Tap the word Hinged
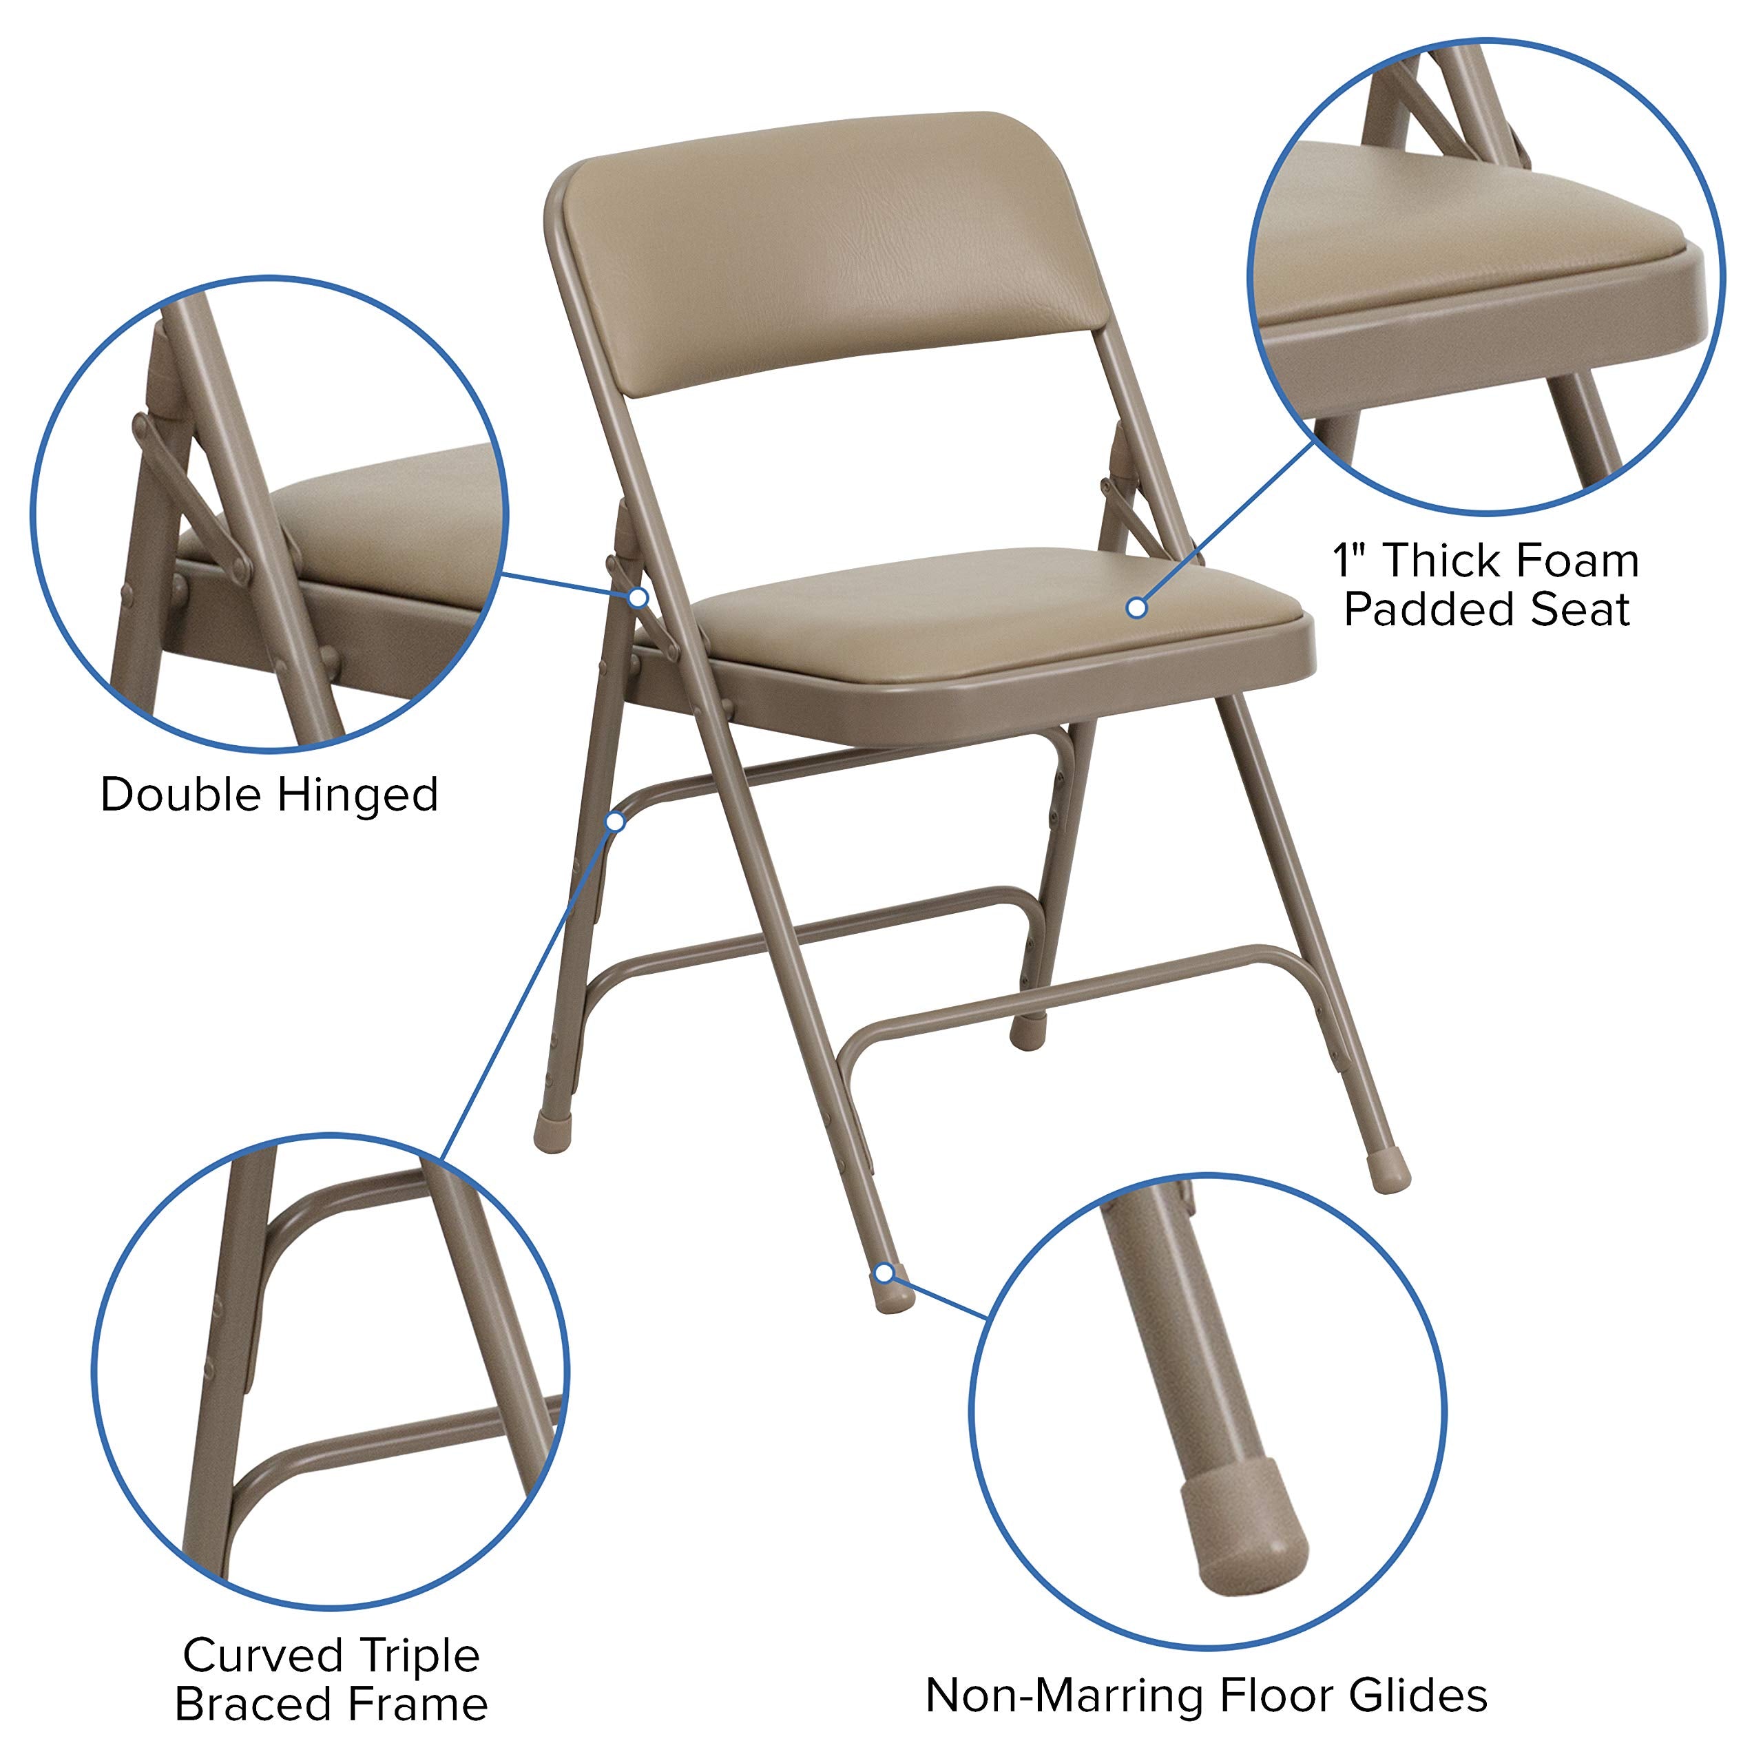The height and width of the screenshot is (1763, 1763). click(359, 795)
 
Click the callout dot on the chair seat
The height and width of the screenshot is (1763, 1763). click(1137, 607)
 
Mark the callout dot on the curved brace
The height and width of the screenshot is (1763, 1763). click(616, 822)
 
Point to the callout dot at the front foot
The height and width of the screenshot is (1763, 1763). click(884, 1273)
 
